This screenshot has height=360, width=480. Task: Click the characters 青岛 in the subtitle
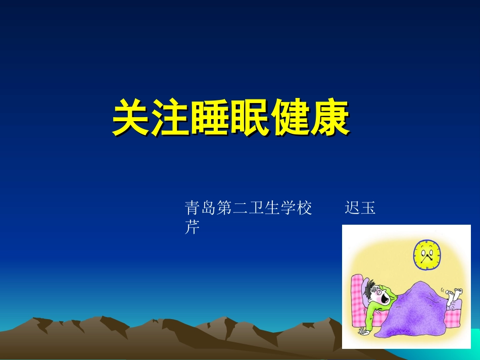click(x=201, y=208)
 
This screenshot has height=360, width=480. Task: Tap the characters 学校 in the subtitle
click(x=297, y=208)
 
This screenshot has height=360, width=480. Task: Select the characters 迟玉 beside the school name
click(x=360, y=208)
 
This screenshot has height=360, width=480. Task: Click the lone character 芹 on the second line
click(x=193, y=228)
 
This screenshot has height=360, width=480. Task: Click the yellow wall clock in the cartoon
click(x=427, y=254)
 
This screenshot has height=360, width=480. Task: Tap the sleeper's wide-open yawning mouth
click(x=385, y=299)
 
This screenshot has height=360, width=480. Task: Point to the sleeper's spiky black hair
click(x=373, y=287)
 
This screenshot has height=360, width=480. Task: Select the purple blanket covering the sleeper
click(x=419, y=313)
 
